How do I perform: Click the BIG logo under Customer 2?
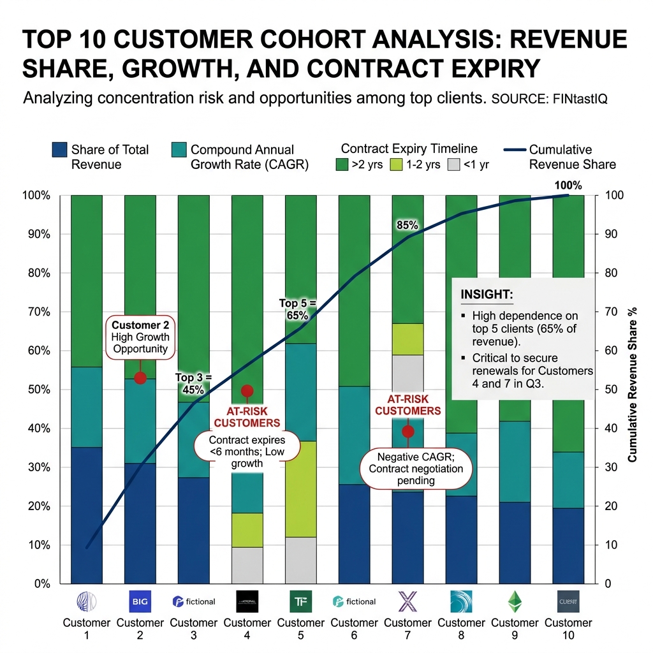click(140, 601)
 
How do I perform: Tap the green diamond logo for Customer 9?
click(515, 601)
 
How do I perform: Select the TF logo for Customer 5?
click(300, 601)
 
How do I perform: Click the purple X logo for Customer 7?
click(407, 601)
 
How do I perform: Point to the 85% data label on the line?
click(407, 225)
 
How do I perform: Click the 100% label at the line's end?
click(568, 186)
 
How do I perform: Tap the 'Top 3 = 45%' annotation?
click(193, 384)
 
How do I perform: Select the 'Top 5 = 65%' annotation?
click(297, 309)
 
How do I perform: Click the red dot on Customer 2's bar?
click(140, 378)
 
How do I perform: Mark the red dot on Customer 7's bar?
click(408, 432)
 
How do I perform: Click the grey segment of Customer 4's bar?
click(247, 565)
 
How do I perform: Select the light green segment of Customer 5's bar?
click(300, 488)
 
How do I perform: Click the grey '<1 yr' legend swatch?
click(453, 165)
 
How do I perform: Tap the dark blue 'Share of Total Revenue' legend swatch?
click(59, 150)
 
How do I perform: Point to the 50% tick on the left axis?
click(37, 390)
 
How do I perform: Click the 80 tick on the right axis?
click(611, 273)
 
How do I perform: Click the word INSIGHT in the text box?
click(486, 295)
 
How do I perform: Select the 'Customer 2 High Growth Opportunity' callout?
click(140, 337)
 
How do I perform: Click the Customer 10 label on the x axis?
click(568, 629)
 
